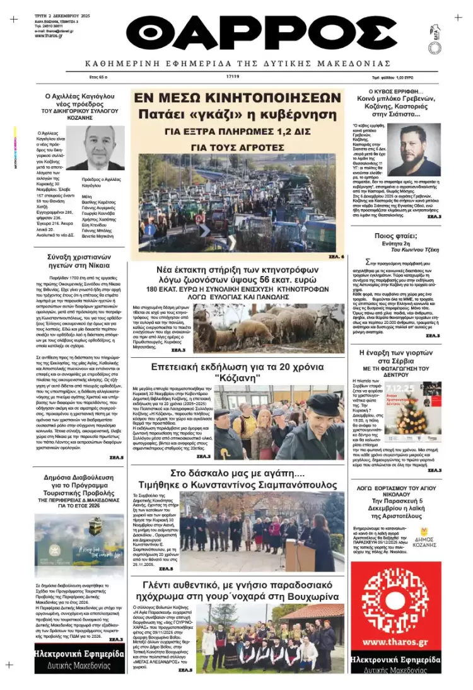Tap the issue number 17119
pyautogui.click(x=233, y=76)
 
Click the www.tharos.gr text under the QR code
pyautogui.click(x=396, y=624)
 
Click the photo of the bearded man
pyautogui.click(x=413, y=149)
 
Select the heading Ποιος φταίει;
pyautogui.click(x=396, y=236)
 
